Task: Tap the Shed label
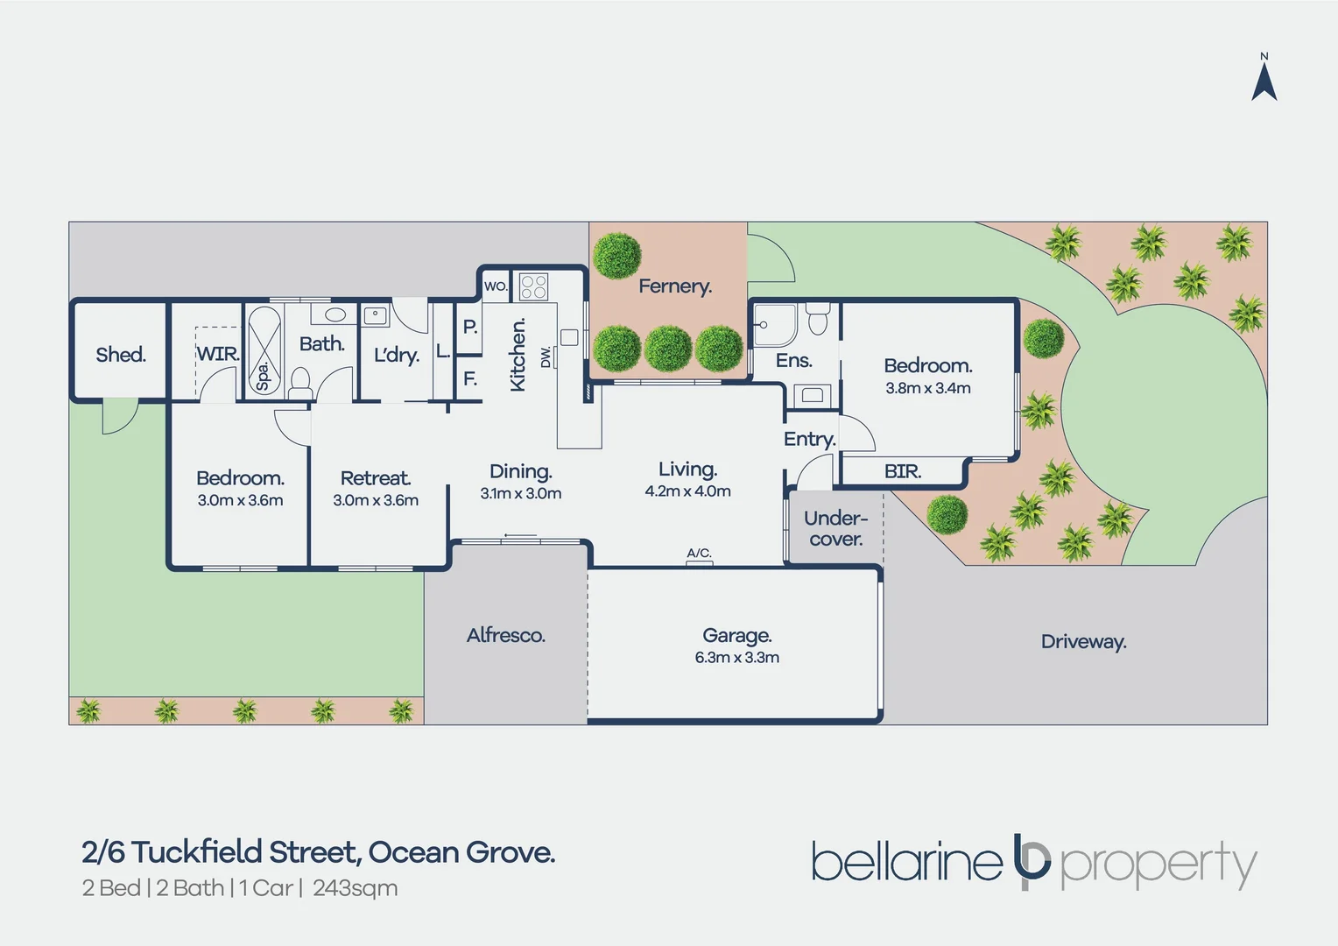click(121, 355)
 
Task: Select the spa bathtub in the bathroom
click(264, 350)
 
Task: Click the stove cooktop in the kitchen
click(533, 286)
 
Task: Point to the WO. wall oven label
click(496, 286)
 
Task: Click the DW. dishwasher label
click(546, 357)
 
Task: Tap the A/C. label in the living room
click(699, 554)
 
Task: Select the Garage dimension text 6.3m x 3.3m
click(737, 657)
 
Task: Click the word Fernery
click(675, 286)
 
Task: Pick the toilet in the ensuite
click(818, 319)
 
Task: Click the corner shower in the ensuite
click(774, 325)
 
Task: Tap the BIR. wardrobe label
click(903, 471)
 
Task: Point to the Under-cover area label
click(835, 528)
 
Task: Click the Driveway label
click(1083, 642)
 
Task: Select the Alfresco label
click(506, 635)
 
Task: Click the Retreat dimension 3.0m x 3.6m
click(376, 500)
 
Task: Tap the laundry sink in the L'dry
click(375, 315)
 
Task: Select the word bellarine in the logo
click(906, 861)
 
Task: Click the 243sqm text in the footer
click(356, 889)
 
